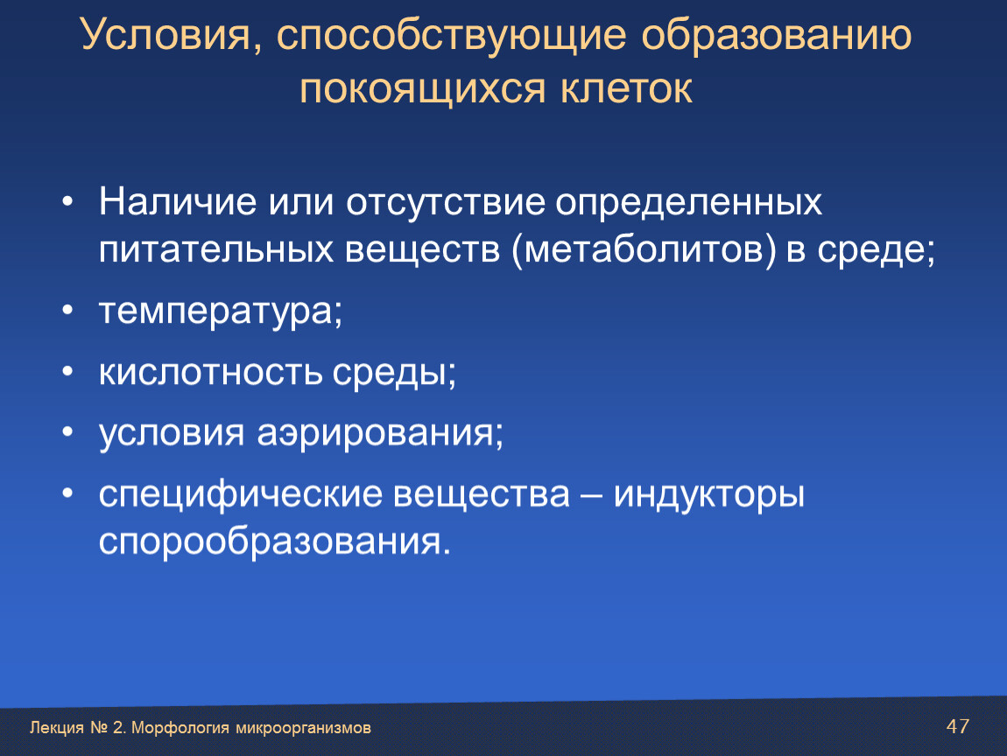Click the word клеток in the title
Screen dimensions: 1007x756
coord(627,88)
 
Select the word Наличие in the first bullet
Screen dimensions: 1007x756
coord(178,201)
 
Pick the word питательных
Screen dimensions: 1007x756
coord(216,249)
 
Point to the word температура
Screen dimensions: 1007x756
coord(215,311)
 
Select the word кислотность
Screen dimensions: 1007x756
coord(210,371)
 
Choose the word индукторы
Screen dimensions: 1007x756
coord(709,495)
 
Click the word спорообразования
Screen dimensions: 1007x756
coord(270,542)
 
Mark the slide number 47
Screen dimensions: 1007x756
coord(958,726)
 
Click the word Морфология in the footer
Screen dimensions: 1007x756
coord(180,728)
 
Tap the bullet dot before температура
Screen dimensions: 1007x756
coord(68,311)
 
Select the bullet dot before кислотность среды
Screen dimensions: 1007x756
coord(68,371)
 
